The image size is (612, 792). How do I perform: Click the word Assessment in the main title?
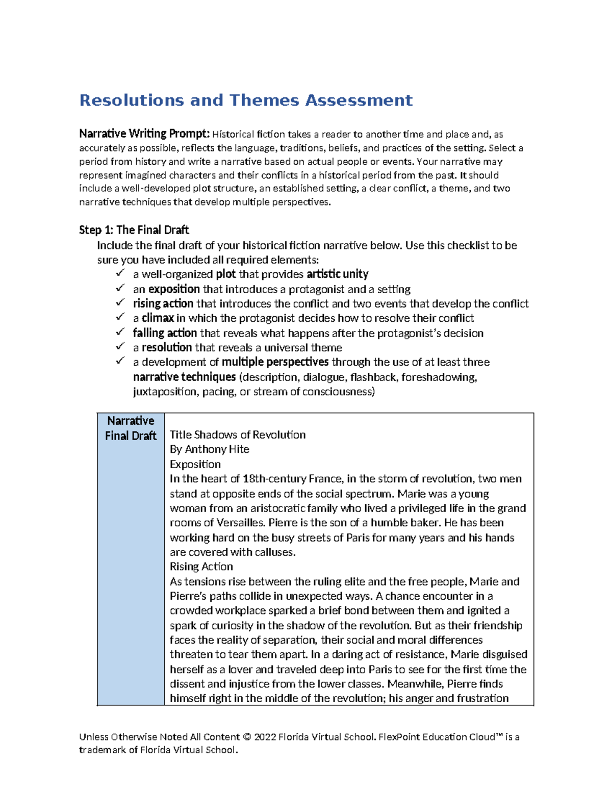tap(359, 100)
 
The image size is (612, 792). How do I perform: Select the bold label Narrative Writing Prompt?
tap(144, 134)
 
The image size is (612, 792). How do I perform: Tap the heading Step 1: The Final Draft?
tap(134, 230)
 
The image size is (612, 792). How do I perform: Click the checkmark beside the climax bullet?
tap(120, 317)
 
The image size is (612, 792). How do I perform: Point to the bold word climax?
tap(158, 318)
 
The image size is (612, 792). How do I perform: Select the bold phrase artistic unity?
tap(337, 274)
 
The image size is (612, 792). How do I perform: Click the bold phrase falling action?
tap(165, 333)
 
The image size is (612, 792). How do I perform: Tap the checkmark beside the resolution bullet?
tap(120, 346)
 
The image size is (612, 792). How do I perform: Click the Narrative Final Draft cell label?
tap(131, 428)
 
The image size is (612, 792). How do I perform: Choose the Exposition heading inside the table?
tap(195, 464)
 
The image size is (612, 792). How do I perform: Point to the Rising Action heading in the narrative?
tap(201, 567)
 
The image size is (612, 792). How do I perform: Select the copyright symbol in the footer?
tap(247, 737)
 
